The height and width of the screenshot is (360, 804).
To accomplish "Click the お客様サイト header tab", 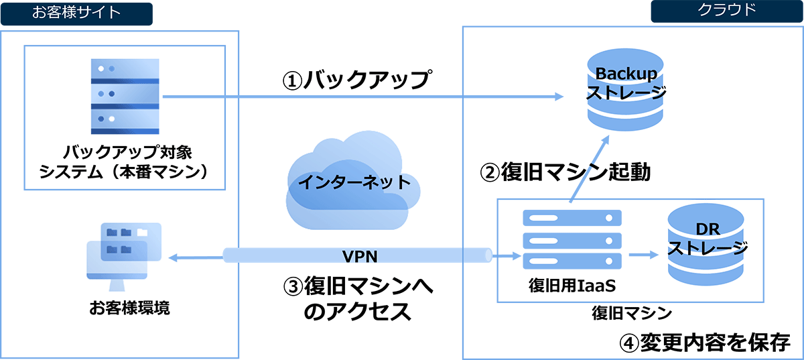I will (76, 13).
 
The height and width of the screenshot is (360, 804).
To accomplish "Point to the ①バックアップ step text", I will (354, 80).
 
